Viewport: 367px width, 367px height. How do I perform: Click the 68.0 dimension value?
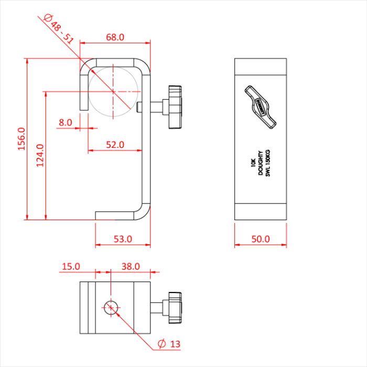click(x=115, y=37)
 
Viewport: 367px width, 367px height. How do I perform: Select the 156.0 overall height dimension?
click(x=21, y=139)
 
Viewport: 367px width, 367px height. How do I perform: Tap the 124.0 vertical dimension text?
click(x=40, y=155)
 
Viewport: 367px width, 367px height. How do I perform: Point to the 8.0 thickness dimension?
click(x=66, y=122)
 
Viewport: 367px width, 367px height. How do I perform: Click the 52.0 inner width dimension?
click(x=115, y=145)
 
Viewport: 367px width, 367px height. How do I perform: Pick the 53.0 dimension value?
click(x=123, y=239)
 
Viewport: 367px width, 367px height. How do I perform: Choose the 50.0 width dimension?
click(x=261, y=239)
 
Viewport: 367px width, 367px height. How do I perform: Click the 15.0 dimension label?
click(x=71, y=266)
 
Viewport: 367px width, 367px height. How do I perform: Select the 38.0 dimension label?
click(x=131, y=266)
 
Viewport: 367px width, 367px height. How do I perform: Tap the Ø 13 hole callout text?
click(x=169, y=344)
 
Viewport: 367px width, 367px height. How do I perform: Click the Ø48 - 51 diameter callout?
click(x=59, y=29)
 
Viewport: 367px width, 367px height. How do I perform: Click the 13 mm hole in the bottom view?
click(x=111, y=308)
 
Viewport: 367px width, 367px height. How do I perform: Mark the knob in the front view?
click(x=175, y=107)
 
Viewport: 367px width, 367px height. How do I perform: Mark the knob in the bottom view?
click(x=175, y=308)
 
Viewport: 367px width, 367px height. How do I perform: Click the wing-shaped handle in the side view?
click(x=261, y=107)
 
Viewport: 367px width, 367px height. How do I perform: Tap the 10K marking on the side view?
click(x=253, y=163)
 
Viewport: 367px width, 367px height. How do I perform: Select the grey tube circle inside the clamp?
click(x=113, y=92)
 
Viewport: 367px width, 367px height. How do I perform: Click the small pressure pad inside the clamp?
click(x=139, y=107)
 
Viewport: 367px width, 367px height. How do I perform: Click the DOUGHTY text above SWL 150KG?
click(x=261, y=163)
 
